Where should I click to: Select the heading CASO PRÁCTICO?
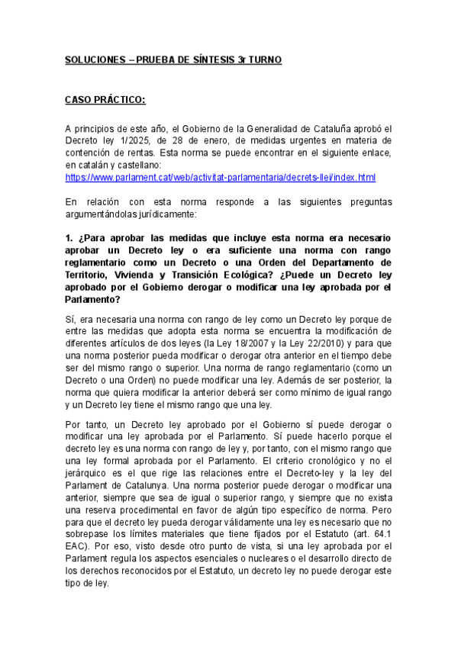click(105, 99)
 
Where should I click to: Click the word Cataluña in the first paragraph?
click(335, 128)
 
